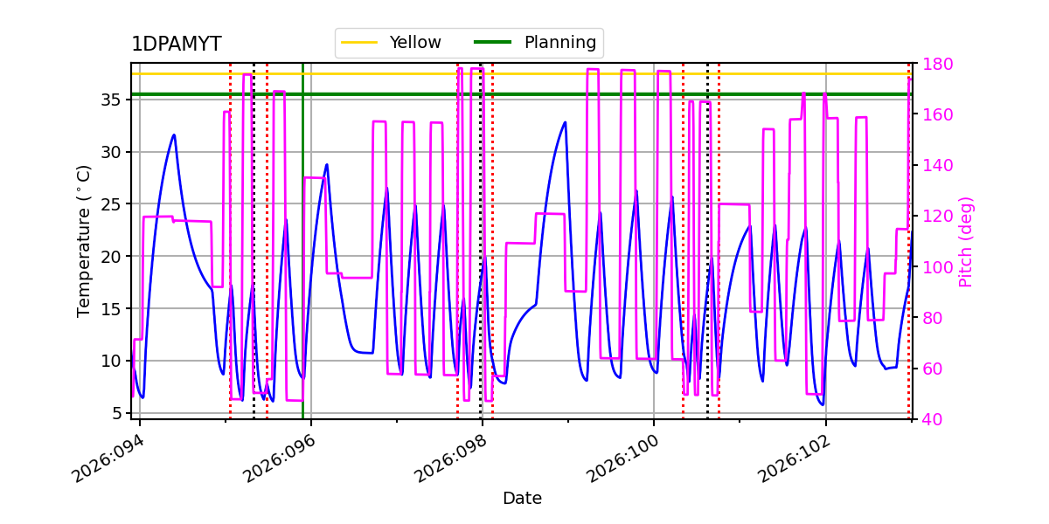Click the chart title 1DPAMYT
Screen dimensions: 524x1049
[x=176, y=45]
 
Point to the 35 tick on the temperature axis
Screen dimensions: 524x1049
[x=109, y=100]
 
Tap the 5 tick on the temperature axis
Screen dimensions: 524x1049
[x=115, y=413]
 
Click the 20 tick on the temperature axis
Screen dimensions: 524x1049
[x=109, y=257]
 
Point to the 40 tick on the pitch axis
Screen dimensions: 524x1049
[x=932, y=419]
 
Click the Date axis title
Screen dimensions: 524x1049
[x=522, y=499]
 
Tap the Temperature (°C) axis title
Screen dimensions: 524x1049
[x=84, y=241]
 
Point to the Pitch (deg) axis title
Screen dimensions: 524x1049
[x=966, y=241]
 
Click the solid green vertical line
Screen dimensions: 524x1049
[x=303, y=262]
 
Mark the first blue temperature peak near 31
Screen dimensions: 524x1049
[x=174, y=134]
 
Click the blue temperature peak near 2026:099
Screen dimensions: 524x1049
[x=565, y=122]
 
